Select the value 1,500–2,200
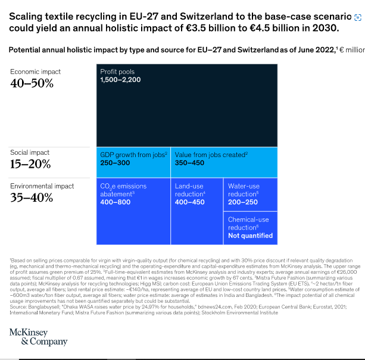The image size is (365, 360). tap(120, 80)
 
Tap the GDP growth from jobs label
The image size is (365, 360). tap(133, 155)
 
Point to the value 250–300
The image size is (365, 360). tap(115, 162)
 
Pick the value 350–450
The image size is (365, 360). tap(190, 162)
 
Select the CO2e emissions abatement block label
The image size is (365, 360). tap(123, 190)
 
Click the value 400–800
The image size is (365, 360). tap(115, 202)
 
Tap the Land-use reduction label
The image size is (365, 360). tap(190, 190)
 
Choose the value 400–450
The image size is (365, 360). tap(190, 202)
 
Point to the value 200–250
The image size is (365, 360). tap(243, 202)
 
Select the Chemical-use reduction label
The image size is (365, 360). tap(248, 223)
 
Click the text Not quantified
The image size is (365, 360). tap(250, 236)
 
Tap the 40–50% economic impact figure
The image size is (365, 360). tap(32, 83)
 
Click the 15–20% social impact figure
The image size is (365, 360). tap(31, 164)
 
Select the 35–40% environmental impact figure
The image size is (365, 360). tap(32, 198)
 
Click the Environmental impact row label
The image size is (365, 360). tap(42, 186)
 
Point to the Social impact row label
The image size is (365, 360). tap(30, 152)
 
